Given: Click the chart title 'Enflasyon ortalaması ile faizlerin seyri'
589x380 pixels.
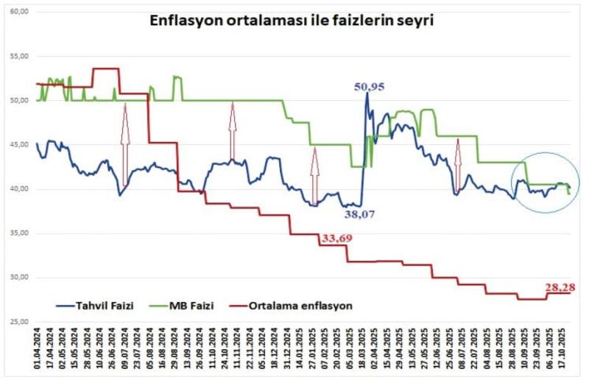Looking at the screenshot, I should coord(292,21).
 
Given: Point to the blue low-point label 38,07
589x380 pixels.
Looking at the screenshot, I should coord(360,216).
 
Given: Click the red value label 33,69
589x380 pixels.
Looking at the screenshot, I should coord(336,238).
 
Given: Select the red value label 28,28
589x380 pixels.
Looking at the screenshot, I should coord(560,286).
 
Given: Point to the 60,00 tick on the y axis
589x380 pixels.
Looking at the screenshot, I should coord(20,12).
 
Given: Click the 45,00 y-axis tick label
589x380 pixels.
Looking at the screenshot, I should coord(20,144).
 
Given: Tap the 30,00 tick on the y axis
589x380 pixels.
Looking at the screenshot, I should coord(20,278).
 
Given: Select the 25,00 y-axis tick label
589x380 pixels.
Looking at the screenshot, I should coord(20,322).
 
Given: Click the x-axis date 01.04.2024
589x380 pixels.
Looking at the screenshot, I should coord(36,353).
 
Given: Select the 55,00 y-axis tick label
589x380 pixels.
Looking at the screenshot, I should coord(20,56).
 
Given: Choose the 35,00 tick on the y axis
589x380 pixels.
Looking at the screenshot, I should coord(20,233).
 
